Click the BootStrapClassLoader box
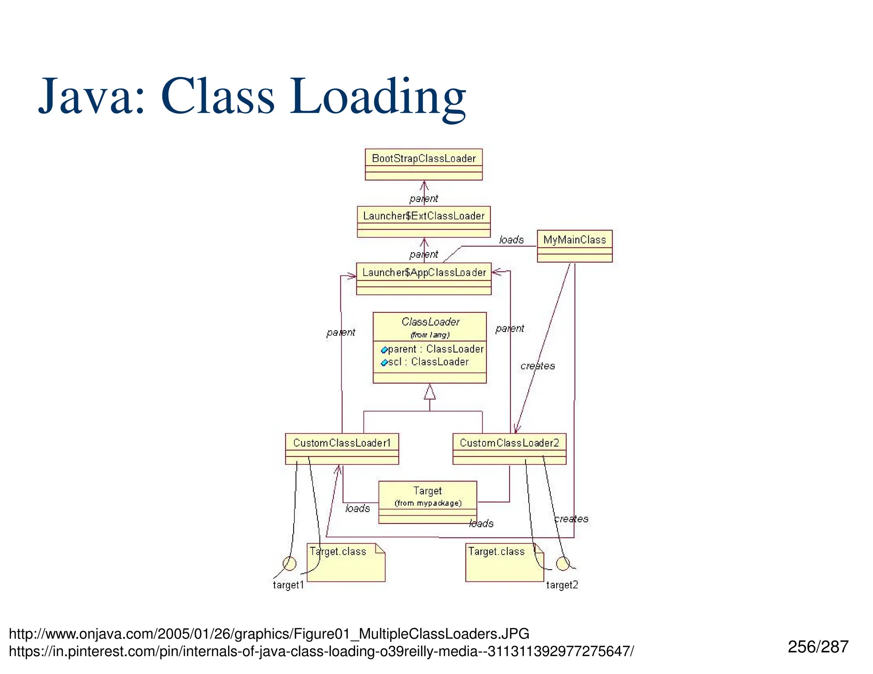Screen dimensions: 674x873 423,164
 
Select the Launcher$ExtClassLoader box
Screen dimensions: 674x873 423,222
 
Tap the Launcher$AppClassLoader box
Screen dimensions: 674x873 423,278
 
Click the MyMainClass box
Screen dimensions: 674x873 574,246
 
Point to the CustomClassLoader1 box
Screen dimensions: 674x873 341,449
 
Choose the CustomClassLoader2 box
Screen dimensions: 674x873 509,449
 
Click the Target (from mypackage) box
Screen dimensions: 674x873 428,501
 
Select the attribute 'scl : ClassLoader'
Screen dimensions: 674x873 428,362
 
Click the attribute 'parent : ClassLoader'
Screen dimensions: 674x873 435,349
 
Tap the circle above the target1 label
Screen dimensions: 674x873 289,563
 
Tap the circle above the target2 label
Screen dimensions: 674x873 563,563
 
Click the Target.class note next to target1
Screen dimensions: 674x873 346,562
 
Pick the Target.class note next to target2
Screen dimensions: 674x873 504,562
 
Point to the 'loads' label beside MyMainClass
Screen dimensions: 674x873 511,240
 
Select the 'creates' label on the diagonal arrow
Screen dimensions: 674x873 538,366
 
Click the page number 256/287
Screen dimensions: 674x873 818,647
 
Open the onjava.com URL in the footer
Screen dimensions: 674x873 269,634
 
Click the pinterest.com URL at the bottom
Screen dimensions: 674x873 321,651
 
